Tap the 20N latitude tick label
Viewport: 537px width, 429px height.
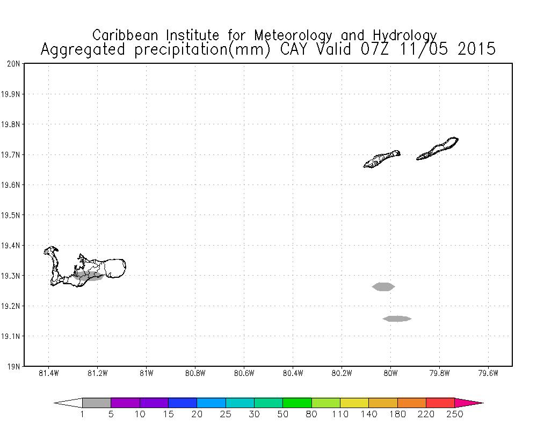click(13, 64)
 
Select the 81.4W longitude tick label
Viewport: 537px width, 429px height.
click(48, 374)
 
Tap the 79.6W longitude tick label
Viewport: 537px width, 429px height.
click(488, 374)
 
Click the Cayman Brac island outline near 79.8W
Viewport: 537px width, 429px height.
click(438, 148)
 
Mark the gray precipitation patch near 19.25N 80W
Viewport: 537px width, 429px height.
click(383, 286)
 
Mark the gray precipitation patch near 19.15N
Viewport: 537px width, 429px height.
click(397, 319)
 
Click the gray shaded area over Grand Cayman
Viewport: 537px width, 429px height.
click(89, 276)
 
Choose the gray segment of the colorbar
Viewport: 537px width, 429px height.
click(97, 403)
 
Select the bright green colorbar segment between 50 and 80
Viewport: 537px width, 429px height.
click(297, 403)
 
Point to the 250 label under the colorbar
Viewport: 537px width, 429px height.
click(455, 414)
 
